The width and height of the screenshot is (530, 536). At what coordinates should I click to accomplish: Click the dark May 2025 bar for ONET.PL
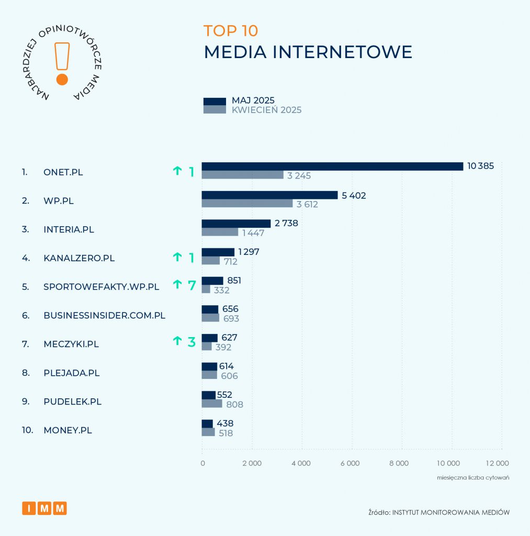pos(332,166)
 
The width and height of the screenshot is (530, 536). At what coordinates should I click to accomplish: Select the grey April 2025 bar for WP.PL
pos(247,204)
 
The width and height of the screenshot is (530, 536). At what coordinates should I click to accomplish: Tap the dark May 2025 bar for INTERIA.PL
pos(236,224)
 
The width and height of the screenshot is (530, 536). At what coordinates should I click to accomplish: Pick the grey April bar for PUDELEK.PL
pos(212,404)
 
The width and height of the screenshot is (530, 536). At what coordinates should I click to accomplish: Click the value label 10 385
pos(480,166)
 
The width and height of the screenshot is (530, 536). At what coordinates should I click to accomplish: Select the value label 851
pos(234,281)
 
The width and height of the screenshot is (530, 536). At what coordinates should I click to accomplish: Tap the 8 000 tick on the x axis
pos(401,463)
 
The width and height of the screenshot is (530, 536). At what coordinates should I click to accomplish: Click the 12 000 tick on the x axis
pos(497,463)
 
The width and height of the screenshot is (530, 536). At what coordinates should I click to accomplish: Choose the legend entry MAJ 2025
pos(253,100)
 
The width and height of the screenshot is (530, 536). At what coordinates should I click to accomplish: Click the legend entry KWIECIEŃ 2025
pos(266,110)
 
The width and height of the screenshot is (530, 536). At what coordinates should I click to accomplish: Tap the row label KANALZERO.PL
pos(79,258)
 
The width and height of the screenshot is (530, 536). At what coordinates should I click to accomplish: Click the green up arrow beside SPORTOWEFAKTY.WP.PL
pos(177,285)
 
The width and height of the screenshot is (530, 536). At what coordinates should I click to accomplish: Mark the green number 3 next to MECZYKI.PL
pos(191,342)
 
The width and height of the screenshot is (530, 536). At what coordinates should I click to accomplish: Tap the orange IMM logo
pos(44,508)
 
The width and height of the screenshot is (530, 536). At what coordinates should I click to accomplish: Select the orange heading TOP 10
pos(231,31)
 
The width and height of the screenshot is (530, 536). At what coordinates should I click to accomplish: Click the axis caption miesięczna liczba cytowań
pos(473,477)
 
